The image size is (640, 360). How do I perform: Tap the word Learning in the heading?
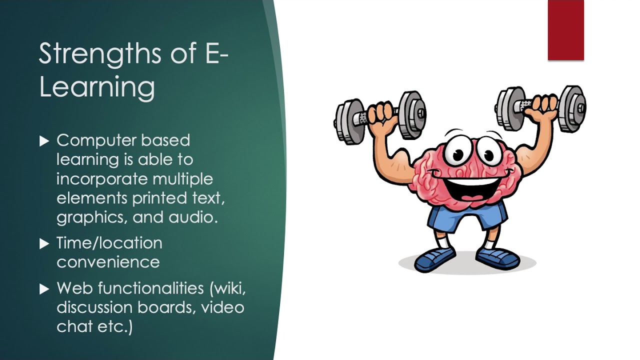click(97, 87)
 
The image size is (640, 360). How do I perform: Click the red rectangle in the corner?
click(565, 30)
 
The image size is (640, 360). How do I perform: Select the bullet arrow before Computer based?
click(44, 141)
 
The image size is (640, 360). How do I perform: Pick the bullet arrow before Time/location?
click(44, 244)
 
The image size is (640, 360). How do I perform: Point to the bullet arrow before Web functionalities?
click(44, 289)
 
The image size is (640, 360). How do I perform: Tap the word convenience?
click(108, 262)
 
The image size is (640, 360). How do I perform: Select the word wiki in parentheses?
click(229, 288)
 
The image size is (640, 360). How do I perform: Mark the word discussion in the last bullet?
click(95, 307)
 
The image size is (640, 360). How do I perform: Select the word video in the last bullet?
click(222, 307)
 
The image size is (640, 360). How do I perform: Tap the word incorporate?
click(102, 179)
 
